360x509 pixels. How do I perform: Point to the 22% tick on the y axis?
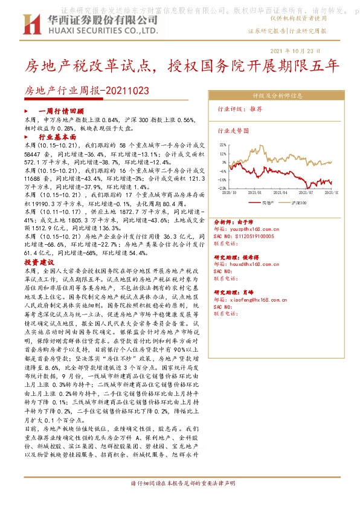pos(223,145)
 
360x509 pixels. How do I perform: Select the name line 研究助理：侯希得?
pos(238,258)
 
